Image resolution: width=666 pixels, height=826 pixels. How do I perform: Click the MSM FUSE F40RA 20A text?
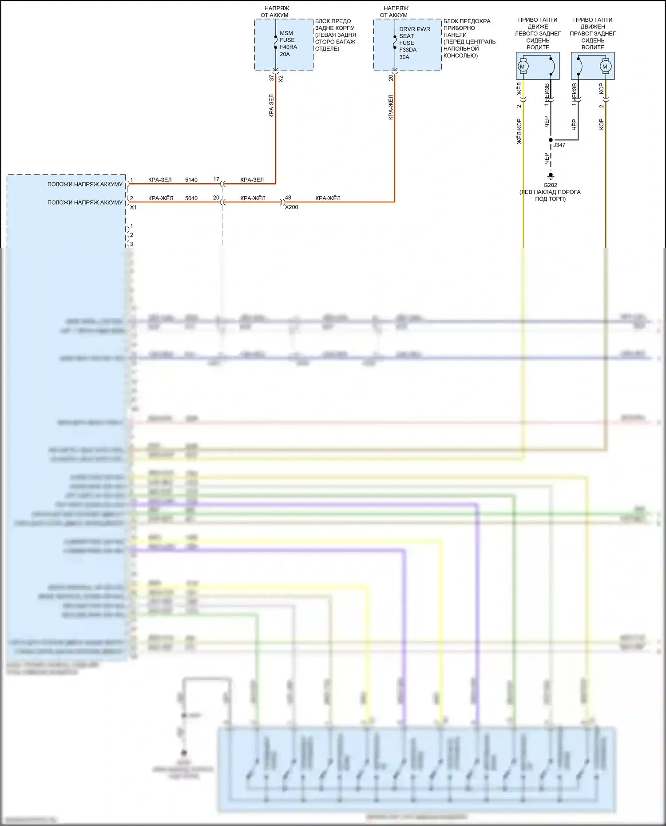288,43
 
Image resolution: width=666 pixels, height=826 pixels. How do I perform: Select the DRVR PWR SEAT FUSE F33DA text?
414,43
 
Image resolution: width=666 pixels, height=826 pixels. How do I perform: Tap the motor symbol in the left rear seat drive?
522,67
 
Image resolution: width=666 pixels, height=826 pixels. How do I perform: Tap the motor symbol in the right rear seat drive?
604,67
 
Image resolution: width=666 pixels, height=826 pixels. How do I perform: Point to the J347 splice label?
559,145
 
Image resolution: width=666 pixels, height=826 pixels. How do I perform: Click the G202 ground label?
550,185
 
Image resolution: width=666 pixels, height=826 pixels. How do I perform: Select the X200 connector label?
291,207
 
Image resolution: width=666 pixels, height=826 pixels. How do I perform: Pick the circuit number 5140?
191,180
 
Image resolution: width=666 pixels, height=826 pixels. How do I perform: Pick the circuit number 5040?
191,198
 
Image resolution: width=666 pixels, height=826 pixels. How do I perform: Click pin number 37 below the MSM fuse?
271,78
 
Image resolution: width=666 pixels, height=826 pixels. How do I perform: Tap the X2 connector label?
281,79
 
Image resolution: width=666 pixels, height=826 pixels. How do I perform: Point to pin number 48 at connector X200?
288,198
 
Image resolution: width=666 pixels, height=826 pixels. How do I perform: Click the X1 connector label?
133,207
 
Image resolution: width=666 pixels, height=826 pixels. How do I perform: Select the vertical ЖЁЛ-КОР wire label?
519,131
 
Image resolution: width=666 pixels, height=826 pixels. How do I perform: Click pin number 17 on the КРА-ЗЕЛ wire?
216,179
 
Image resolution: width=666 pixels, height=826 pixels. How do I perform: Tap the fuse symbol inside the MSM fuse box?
276,43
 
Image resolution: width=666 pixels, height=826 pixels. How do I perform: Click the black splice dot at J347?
551,140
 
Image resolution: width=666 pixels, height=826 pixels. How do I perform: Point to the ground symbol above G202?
551,176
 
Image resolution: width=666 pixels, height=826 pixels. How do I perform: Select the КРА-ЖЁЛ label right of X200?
328,198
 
